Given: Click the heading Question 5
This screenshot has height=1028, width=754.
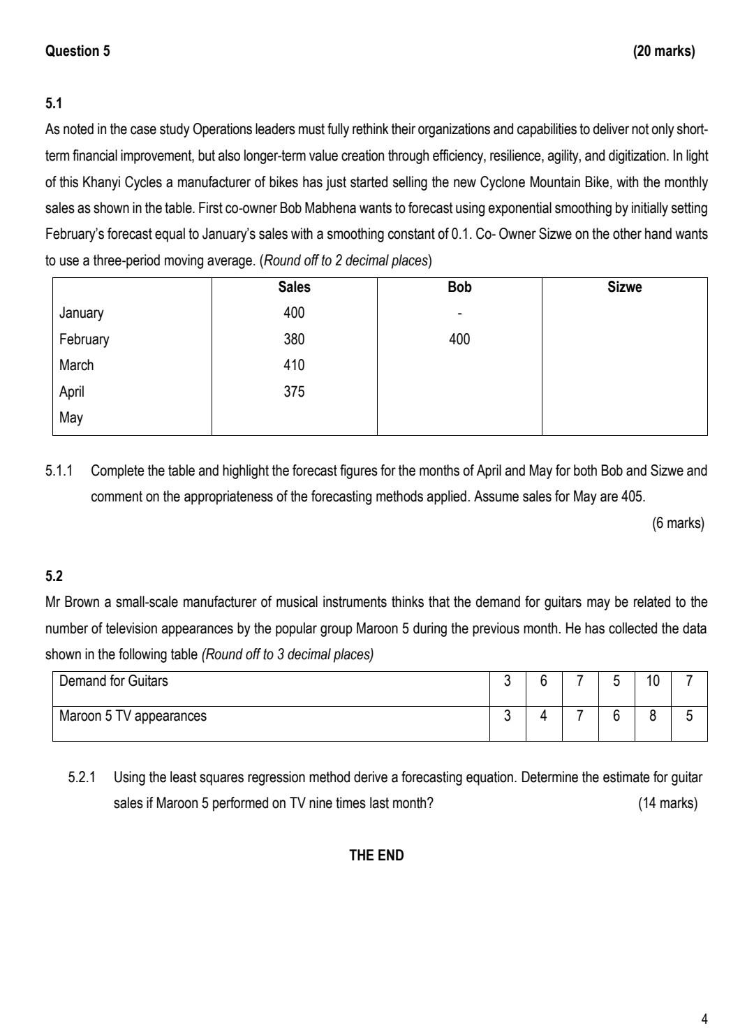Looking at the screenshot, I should pyautogui.click(x=77, y=51).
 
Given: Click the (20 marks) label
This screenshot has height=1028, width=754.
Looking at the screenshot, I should pyautogui.click(x=663, y=51).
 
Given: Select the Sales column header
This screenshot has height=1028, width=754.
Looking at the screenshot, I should pyautogui.click(x=294, y=287).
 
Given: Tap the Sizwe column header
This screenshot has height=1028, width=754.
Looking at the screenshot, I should pyautogui.click(x=624, y=287).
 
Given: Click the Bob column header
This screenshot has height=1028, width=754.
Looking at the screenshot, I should pyautogui.click(x=459, y=287).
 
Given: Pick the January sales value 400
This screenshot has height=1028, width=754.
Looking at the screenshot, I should pyautogui.click(x=294, y=313).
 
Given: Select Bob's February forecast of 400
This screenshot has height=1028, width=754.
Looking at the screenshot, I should pyautogui.click(x=459, y=339).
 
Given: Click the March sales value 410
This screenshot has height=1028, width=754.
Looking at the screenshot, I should pyautogui.click(x=294, y=365).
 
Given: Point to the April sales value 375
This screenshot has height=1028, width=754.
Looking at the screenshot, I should pyautogui.click(x=294, y=392).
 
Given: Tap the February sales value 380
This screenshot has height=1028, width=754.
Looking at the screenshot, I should pyautogui.click(x=294, y=339).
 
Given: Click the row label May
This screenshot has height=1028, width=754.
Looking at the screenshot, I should pyautogui.click(x=71, y=418).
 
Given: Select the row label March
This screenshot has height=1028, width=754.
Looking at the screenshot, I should pyautogui.click(x=76, y=365).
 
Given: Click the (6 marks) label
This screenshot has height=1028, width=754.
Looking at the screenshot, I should pyautogui.click(x=678, y=523).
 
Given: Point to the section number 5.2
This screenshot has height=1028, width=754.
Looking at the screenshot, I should pyautogui.click(x=54, y=576).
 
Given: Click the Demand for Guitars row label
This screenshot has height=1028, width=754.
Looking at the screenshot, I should pyautogui.click(x=114, y=681).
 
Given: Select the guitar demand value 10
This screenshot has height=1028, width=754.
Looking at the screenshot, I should pyautogui.click(x=653, y=681).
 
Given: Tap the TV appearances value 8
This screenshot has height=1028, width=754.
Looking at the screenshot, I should pyautogui.click(x=653, y=716).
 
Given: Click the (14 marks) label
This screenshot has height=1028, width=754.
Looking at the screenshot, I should pyautogui.click(x=667, y=803).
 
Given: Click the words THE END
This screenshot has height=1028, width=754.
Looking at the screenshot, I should pyautogui.click(x=376, y=856).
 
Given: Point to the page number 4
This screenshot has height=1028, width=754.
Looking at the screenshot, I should pyautogui.click(x=704, y=1019).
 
